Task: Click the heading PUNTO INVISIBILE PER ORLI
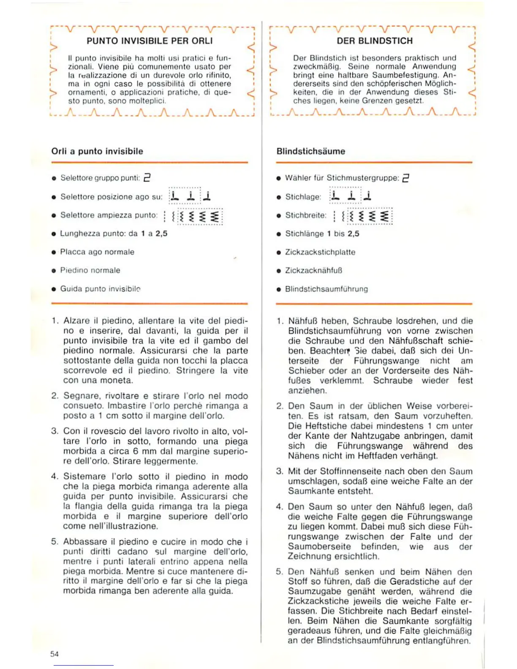click(x=150, y=41)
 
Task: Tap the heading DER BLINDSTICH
click(x=374, y=41)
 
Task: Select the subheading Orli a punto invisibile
click(x=97, y=151)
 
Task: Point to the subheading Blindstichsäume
click(x=310, y=151)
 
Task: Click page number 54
click(x=54, y=654)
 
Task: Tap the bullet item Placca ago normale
click(x=97, y=252)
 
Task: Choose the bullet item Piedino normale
click(x=90, y=270)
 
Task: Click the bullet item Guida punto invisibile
click(x=100, y=289)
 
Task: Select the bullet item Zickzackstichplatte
click(x=320, y=252)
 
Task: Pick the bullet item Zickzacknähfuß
click(x=313, y=270)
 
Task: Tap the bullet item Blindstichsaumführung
click(x=326, y=289)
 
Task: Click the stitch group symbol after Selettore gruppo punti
click(x=147, y=177)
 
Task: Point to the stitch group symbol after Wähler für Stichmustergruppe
click(x=405, y=178)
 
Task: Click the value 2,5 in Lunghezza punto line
click(x=161, y=234)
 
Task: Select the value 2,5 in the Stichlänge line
click(x=353, y=234)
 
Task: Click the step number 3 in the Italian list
click(x=54, y=431)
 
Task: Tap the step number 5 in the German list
click(x=279, y=572)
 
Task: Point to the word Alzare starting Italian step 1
click(x=76, y=321)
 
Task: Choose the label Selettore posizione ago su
click(x=111, y=197)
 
